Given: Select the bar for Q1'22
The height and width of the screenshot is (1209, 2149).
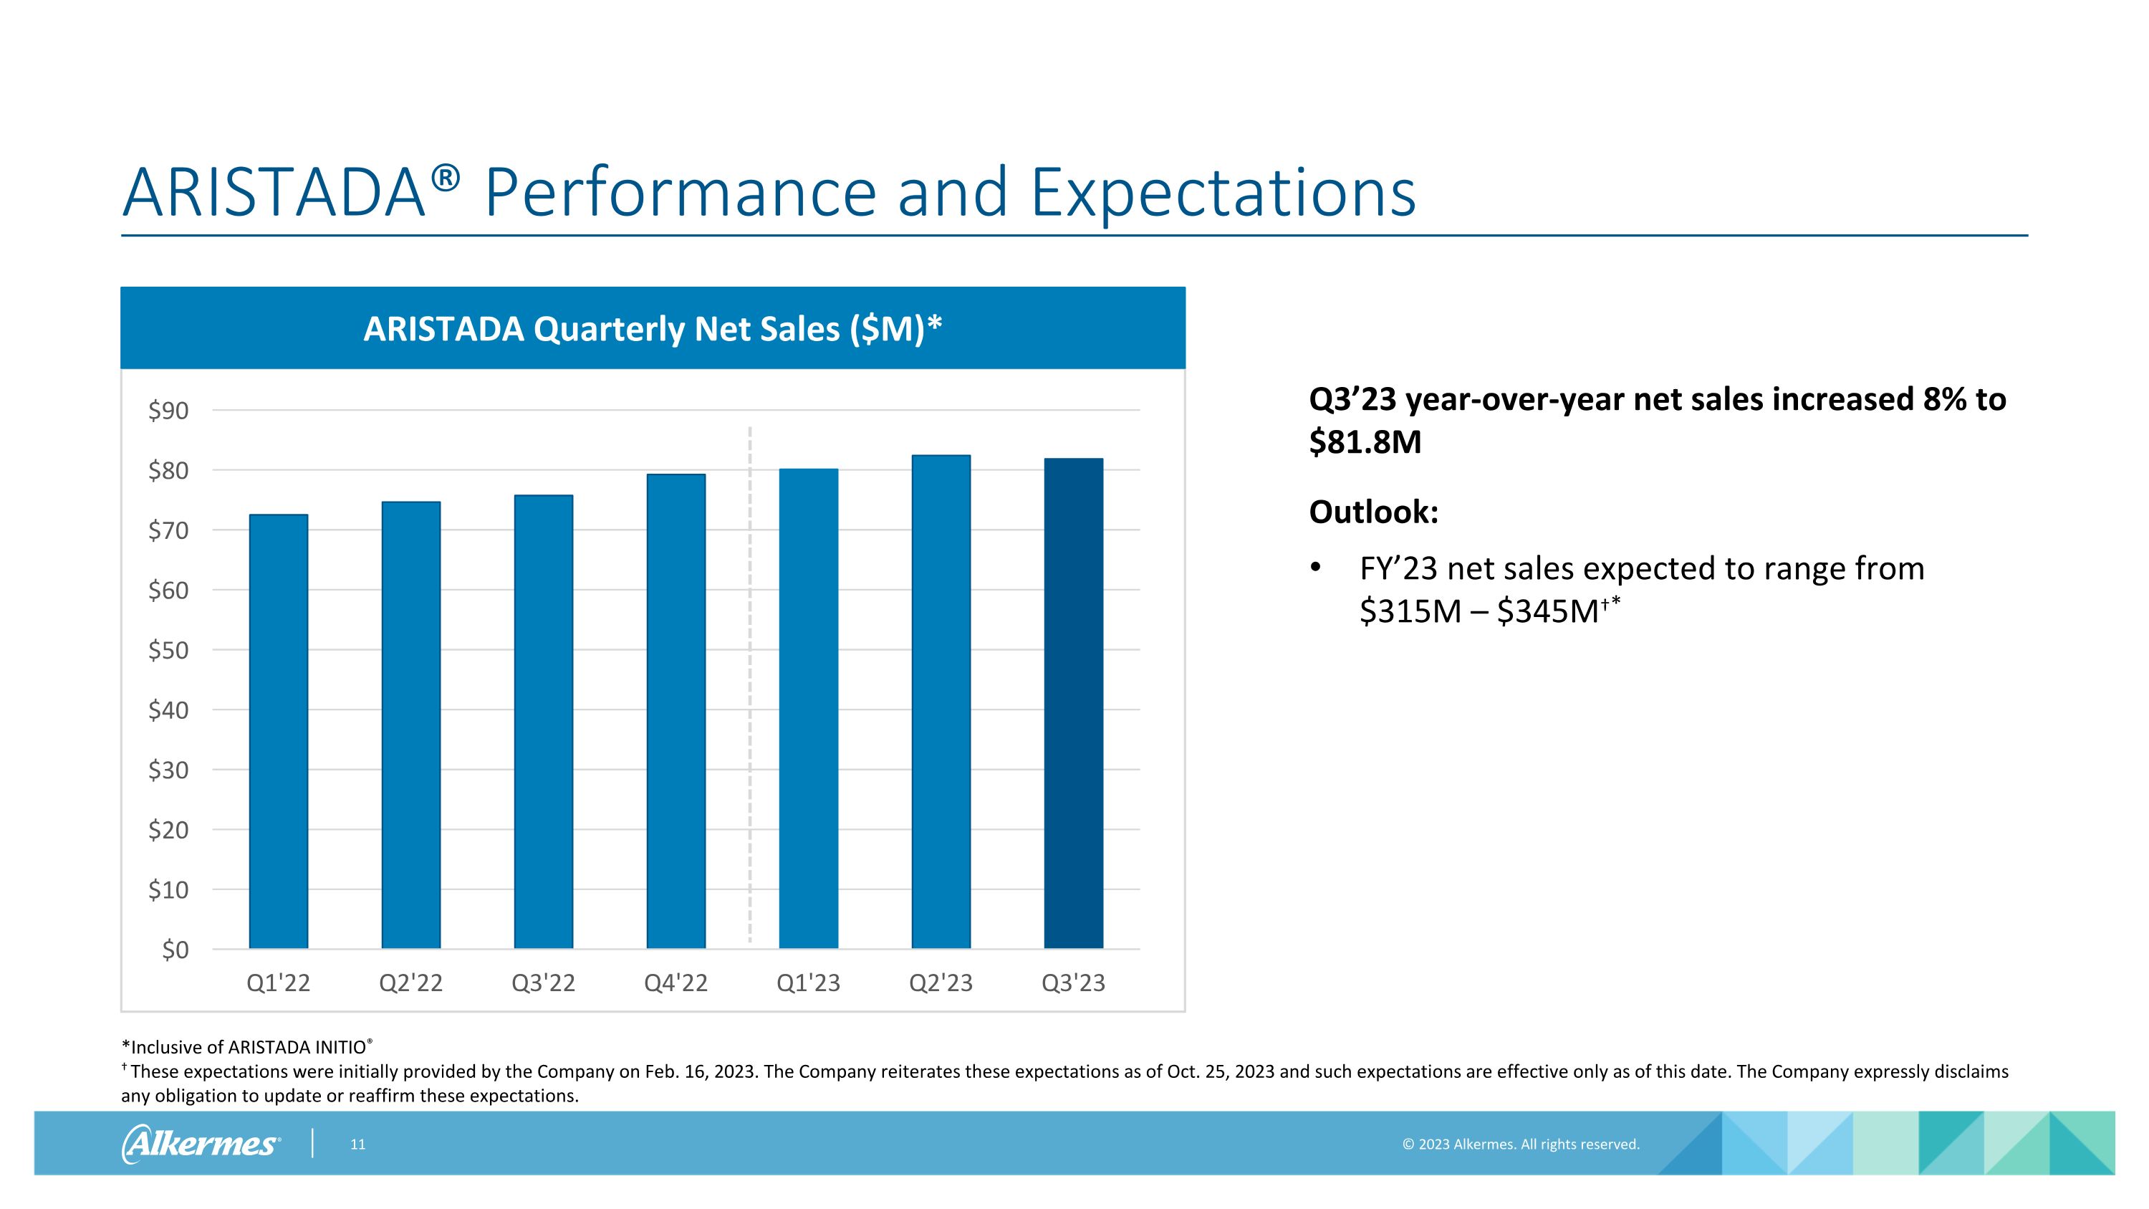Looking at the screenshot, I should pos(278,731).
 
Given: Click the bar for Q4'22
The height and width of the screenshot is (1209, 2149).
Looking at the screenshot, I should pos(676,711).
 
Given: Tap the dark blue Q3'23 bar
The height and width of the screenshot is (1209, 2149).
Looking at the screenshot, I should pos(1074,702).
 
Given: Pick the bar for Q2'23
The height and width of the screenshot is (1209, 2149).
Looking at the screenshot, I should pos(941,701).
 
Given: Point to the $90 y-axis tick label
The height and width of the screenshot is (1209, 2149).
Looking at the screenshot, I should pos(168,411).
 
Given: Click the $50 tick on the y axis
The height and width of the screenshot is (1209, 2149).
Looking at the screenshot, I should pos(168,650).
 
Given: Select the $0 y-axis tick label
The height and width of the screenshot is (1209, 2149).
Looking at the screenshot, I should pos(176,950).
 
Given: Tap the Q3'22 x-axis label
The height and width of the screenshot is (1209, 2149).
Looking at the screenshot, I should pos(543,983).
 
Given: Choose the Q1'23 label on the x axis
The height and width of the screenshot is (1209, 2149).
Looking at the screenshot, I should pos(808,983).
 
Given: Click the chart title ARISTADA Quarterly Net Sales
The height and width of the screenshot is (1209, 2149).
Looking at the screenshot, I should pos(653,329).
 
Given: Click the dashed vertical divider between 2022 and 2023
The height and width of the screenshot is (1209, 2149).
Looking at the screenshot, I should pos(750,684).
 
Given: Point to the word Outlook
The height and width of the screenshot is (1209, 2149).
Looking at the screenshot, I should pos(1373,512).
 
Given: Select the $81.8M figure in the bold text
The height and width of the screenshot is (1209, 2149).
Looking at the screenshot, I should pos(1365,442).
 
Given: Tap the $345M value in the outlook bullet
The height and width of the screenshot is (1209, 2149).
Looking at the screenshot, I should pos(1547,611).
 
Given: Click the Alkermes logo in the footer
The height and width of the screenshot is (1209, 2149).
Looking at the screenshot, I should pos(201,1143).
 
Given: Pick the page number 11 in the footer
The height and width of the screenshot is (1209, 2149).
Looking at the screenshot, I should pos(358,1145).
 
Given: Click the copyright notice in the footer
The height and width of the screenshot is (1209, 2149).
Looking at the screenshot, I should pos(1521,1145).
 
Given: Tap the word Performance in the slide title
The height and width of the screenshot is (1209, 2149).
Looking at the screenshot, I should pos(680,193).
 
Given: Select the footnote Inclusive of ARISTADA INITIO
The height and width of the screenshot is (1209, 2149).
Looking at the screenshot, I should pos(247,1047).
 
